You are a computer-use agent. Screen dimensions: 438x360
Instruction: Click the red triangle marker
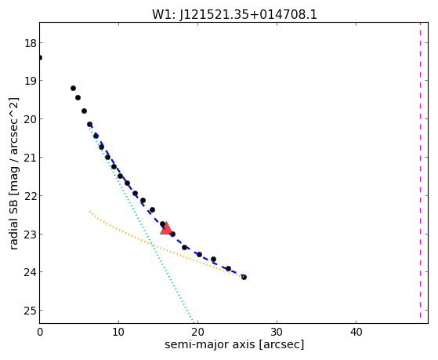[166, 228]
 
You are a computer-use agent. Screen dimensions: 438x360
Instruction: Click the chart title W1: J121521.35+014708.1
[234, 15]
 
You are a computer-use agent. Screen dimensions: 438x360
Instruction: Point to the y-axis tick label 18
[30, 43]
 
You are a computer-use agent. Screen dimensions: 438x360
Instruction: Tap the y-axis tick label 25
[30, 311]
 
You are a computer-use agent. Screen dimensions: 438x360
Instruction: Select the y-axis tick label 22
[30, 196]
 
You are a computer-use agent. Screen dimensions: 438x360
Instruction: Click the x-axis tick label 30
[277, 332]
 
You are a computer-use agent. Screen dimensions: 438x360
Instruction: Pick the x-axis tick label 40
[356, 332]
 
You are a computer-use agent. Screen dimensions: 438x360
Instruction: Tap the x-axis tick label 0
[40, 332]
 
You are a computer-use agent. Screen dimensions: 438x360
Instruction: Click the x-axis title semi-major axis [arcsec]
[234, 344]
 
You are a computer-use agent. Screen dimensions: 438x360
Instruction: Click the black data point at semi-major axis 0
[40, 57]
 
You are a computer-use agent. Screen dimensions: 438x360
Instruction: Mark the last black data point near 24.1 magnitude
[244, 277]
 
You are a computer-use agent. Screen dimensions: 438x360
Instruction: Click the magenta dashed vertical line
[420, 171]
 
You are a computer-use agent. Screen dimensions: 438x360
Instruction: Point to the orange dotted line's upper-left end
[90, 211]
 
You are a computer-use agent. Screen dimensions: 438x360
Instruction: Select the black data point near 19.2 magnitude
[73, 88]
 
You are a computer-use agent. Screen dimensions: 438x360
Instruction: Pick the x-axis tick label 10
[119, 332]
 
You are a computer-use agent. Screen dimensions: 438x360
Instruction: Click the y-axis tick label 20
[30, 119]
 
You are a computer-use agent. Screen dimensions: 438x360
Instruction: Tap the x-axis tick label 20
[197, 332]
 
